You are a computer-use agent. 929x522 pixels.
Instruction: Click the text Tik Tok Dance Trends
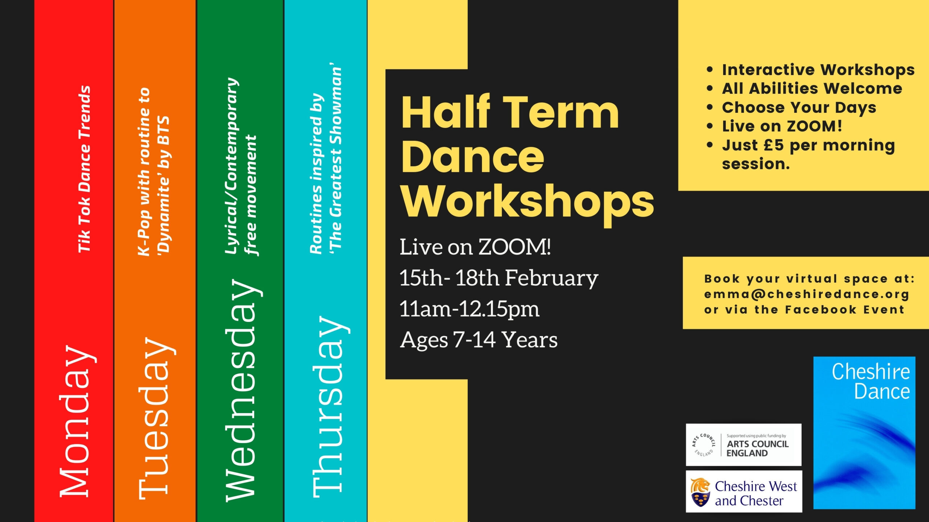click(x=84, y=169)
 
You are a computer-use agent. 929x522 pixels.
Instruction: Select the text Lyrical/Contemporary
click(x=232, y=166)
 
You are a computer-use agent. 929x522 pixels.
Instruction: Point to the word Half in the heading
click(x=446, y=112)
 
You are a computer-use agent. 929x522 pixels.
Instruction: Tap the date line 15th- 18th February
click(x=499, y=278)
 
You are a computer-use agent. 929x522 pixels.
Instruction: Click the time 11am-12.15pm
click(x=469, y=310)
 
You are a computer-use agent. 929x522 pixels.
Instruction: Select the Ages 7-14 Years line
click(x=479, y=340)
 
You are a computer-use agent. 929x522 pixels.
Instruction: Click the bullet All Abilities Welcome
click(x=812, y=88)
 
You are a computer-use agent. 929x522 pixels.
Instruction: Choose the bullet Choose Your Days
click(x=799, y=107)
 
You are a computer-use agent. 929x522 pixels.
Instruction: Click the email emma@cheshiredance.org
click(x=807, y=294)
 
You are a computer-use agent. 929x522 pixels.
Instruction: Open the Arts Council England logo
click(x=744, y=444)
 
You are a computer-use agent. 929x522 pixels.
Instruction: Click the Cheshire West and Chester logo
click(x=744, y=492)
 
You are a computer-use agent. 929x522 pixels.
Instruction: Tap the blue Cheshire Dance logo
click(x=864, y=433)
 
